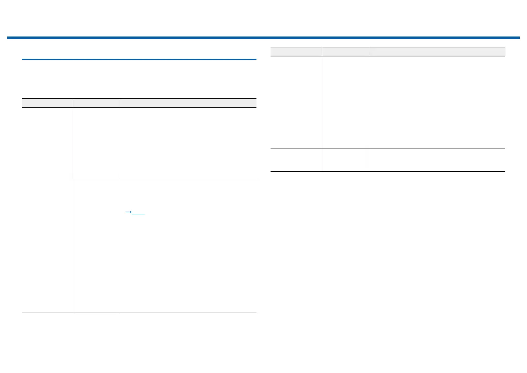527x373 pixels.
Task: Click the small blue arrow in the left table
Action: pos(128,212)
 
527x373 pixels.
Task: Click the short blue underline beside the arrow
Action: pos(139,214)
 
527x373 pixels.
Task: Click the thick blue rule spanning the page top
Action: pos(263,38)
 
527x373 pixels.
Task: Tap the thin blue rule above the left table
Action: pos(139,59)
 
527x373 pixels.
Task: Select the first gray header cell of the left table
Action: pos(47,103)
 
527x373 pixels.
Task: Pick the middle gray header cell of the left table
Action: pos(96,103)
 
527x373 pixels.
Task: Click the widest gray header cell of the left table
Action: pos(188,103)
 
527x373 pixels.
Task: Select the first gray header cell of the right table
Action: pos(296,52)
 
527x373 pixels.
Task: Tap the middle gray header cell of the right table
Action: pos(345,52)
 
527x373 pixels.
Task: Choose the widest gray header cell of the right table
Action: pos(437,52)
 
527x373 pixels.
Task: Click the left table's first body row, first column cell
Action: pos(47,143)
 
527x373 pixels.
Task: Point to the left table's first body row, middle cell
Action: pos(96,143)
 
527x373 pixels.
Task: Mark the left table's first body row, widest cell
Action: pos(188,143)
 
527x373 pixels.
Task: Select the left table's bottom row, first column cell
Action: pos(47,246)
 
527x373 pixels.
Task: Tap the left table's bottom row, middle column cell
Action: pos(96,246)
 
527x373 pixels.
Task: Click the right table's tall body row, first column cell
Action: pos(296,102)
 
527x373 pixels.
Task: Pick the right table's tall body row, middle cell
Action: pos(345,102)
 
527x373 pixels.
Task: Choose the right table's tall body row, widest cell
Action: pos(437,102)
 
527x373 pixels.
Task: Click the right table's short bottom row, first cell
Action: pos(296,160)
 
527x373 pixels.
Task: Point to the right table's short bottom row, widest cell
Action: pos(437,160)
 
